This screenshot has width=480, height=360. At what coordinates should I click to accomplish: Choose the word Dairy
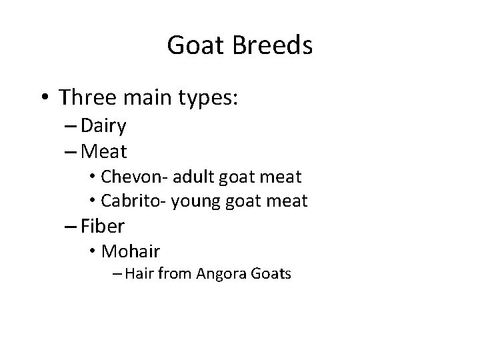105,127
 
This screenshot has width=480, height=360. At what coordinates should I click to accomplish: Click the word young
195,201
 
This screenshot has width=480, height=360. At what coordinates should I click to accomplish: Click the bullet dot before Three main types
43,98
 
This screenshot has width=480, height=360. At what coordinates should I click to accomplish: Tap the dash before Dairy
72,127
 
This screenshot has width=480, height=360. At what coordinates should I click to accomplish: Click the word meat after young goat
287,201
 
